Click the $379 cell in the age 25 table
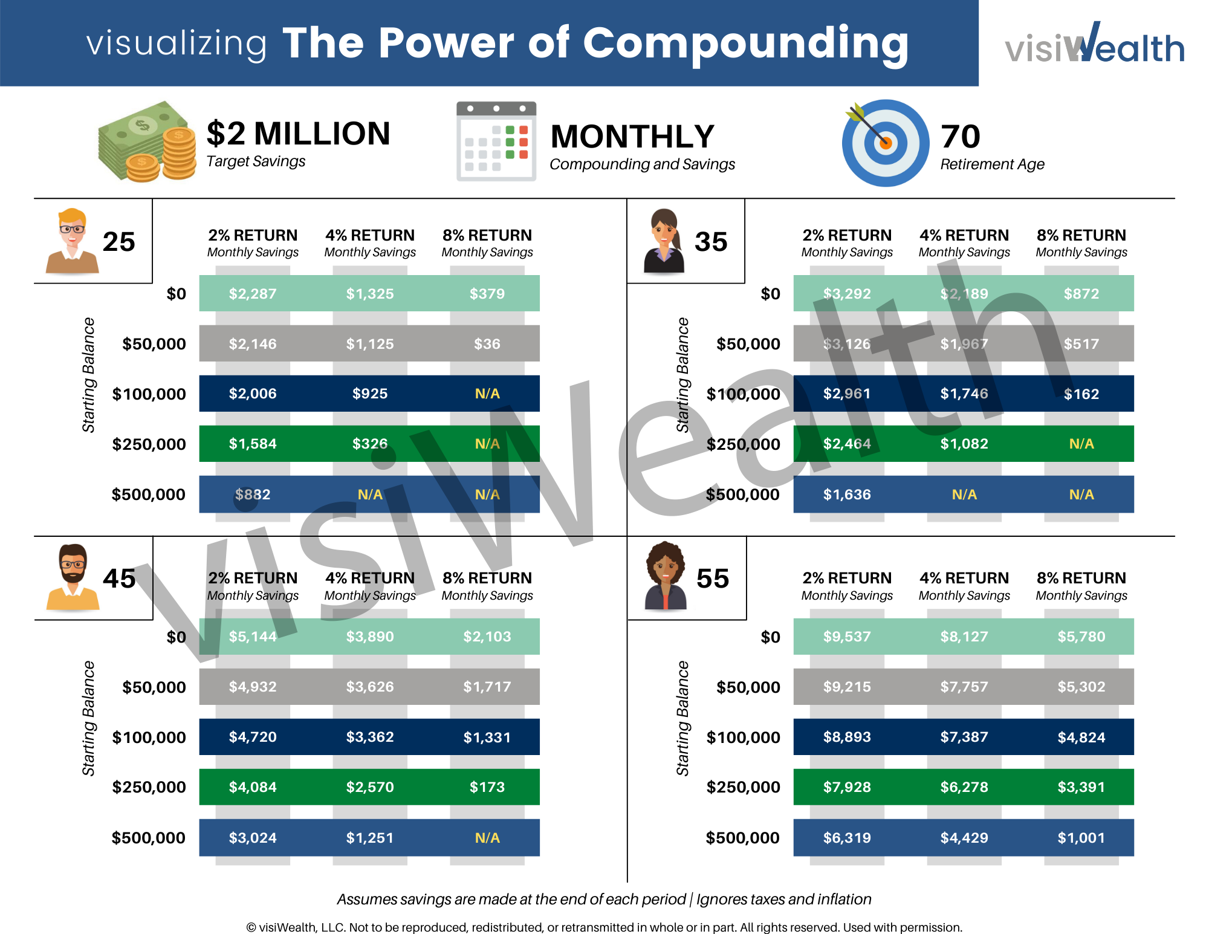point(487,294)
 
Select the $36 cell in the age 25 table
point(487,344)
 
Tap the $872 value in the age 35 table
point(1081,294)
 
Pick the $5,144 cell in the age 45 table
point(253,637)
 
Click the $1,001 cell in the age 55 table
point(1081,838)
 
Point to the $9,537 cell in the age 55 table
point(847,637)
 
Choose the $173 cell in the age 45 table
point(487,787)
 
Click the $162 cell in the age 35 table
point(1081,394)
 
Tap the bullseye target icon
point(885,143)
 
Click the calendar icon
point(496,141)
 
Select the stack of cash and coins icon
point(147,142)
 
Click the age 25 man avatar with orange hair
point(72,241)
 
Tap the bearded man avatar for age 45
point(73,577)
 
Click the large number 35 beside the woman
point(711,242)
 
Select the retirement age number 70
point(961,137)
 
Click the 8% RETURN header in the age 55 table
point(1081,578)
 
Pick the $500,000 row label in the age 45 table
point(149,838)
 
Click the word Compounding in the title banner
point(745,44)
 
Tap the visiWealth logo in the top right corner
point(1094,44)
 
